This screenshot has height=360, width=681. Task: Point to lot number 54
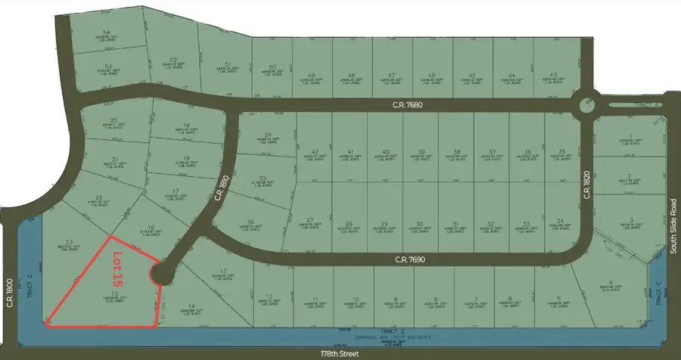pos(107,33)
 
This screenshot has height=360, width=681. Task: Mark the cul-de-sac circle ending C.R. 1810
pos(162,273)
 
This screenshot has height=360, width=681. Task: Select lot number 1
pos(630,138)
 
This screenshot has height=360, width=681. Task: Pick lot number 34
pos(561,220)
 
